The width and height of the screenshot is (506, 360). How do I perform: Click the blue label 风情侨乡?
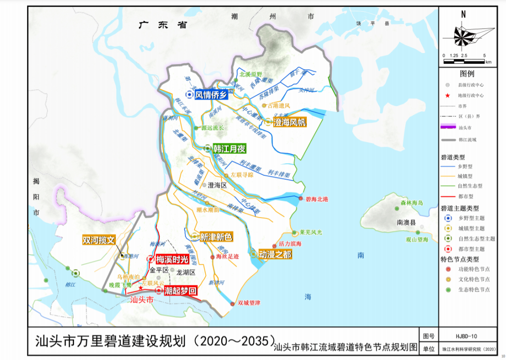211,95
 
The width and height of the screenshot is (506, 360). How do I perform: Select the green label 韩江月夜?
230,149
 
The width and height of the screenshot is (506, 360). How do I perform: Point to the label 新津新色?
216,237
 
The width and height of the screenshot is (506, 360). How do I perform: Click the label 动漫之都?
275,254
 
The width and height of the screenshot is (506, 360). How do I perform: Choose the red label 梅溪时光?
172,259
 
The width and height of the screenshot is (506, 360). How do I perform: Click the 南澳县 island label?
406,223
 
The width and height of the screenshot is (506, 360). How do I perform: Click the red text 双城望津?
249,303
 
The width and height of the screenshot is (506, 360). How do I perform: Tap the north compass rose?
463,36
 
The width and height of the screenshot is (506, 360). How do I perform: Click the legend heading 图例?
467,74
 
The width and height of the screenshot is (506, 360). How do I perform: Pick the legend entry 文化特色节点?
474,279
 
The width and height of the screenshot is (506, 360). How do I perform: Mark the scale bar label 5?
484,55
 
